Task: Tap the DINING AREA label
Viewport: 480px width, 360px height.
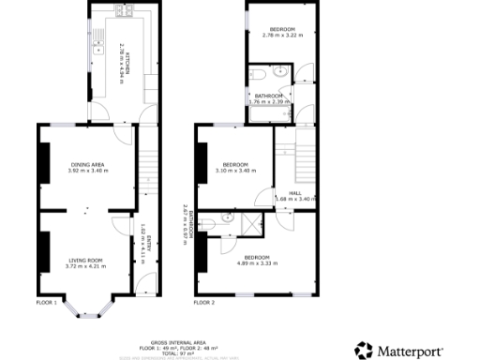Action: click(86, 167)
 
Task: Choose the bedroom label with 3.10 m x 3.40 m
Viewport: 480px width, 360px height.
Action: click(235, 167)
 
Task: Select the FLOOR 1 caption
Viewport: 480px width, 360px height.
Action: click(47, 303)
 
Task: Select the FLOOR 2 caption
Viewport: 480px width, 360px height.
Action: click(204, 303)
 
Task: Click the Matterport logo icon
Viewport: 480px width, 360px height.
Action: click(364, 351)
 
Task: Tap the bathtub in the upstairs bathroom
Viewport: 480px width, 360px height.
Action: click(268, 115)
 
